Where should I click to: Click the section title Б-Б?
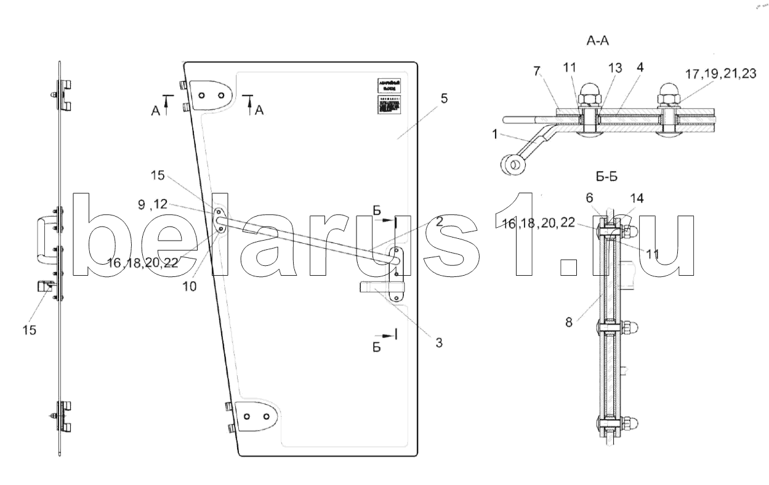pyautogui.click(x=606, y=177)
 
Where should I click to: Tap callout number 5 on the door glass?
pyautogui.click(x=444, y=98)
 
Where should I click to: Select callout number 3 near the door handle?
pyautogui.click(x=438, y=343)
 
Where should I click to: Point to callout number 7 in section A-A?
pyautogui.click(x=537, y=72)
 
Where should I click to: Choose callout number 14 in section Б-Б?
pyautogui.click(x=637, y=199)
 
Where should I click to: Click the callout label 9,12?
pyautogui.click(x=151, y=204)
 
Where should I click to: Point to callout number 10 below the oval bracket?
pyautogui.click(x=191, y=286)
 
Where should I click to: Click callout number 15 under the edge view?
pyautogui.click(x=29, y=331)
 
